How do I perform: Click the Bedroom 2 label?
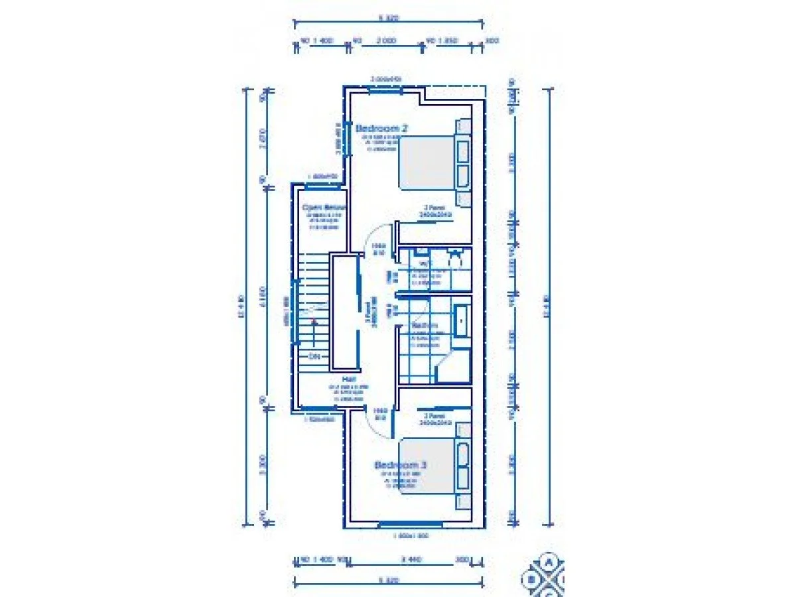[381, 128]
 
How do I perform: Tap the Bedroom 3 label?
[400, 465]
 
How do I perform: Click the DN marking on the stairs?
[314, 356]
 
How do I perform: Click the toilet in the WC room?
[455, 259]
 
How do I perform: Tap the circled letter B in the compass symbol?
[531, 579]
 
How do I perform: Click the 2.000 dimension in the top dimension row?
[386, 41]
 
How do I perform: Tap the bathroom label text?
[425, 326]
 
